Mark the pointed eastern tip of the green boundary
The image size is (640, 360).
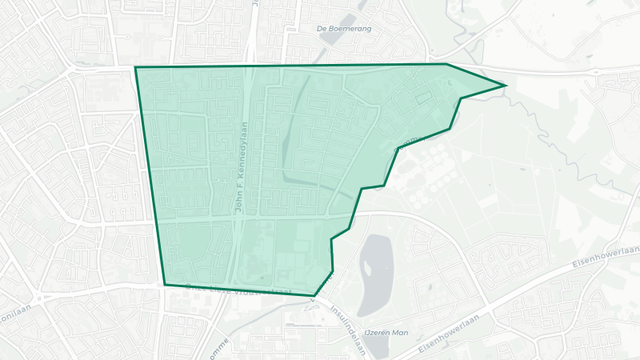coord(506,85)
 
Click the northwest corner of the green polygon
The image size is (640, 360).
coord(135,67)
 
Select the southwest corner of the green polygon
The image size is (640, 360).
coord(165,285)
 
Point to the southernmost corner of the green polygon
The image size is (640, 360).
coord(314,296)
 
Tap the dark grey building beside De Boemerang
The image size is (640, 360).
coord(349,18)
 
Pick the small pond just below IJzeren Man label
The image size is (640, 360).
coord(376,347)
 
